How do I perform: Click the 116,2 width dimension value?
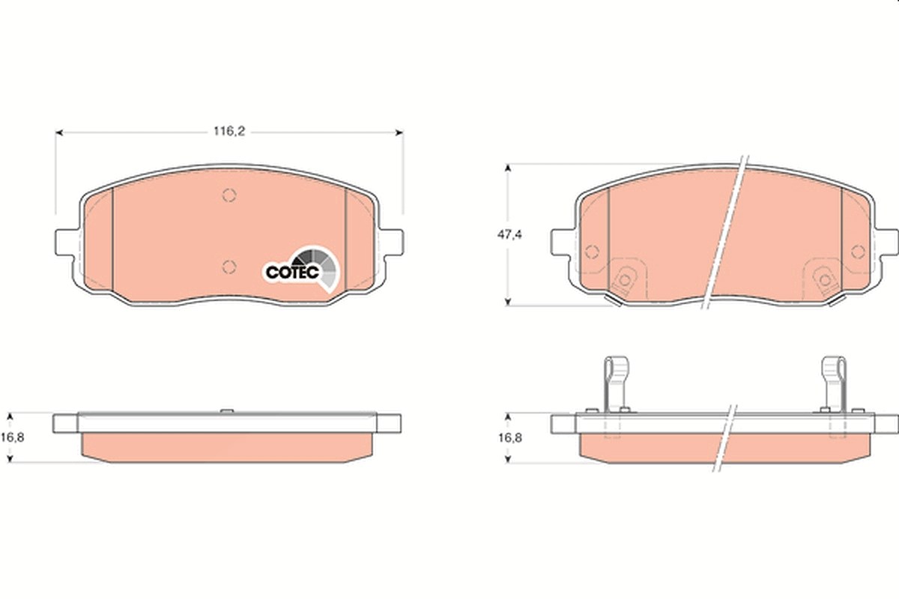pyautogui.click(x=228, y=131)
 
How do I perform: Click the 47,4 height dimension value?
pyautogui.click(x=509, y=234)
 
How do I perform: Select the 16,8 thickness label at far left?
pyautogui.click(x=12, y=437)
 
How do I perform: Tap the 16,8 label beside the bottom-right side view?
pyautogui.click(x=510, y=438)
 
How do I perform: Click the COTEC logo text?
pyautogui.click(x=292, y=273)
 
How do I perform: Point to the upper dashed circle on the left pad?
pyautogui.click(x=229, y=195)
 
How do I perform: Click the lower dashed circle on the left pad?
pyautogui.click(x=229, y=267)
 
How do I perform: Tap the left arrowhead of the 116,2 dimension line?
pyautogui.click(x=59, y=133)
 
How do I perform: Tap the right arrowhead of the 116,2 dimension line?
pyautogui.click(x=399, y=133)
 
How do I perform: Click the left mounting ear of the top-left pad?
pyautogui.click(x=67, y=242)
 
